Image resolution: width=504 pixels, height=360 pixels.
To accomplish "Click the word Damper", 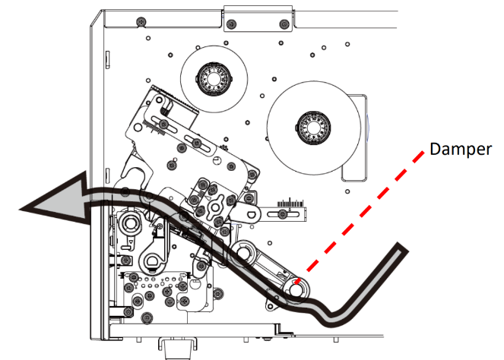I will [459, 150].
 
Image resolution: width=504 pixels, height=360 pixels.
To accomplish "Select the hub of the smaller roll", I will [208, 78].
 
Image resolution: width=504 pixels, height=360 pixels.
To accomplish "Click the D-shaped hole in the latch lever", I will [155, 262].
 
